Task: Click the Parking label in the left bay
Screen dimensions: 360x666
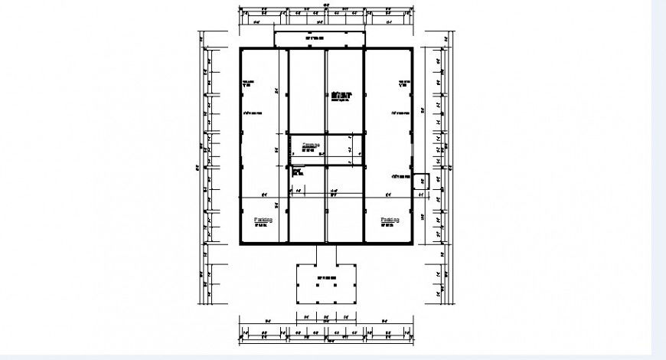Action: click(263, 220)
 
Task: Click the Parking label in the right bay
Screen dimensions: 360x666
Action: click(391, 220)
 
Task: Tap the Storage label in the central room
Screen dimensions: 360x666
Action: click(311, 145)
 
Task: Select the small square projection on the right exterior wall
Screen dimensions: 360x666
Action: click(419, 182)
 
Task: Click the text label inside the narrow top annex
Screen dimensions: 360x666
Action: click(315, 38)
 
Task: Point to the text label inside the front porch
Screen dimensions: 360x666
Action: click(326, 277)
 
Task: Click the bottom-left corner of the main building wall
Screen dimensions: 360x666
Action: click(240, 244)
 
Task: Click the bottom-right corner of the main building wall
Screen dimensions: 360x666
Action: click(412, 244)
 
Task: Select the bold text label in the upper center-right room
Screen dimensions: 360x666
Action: click(341, 96)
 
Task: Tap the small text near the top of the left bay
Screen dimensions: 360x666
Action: click(248, 83)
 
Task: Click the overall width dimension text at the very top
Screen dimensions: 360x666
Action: click(326, 5)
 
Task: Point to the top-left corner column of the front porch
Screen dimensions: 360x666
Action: click(298, 265)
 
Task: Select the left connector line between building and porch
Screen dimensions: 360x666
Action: click(316, 254)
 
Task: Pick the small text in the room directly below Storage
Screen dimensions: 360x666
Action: click(297, 173)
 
